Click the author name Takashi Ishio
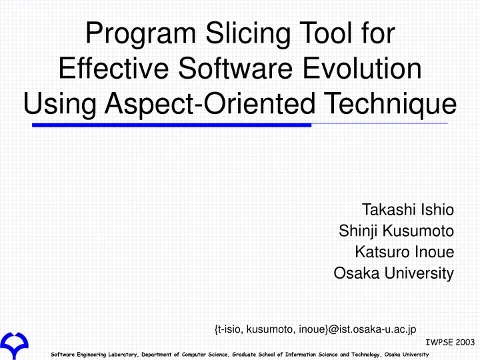[x=407, y=211]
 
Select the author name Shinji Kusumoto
[x=396, y=231]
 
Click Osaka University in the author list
[x=393, y=273]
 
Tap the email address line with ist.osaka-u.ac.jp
[x=315, y=329]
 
